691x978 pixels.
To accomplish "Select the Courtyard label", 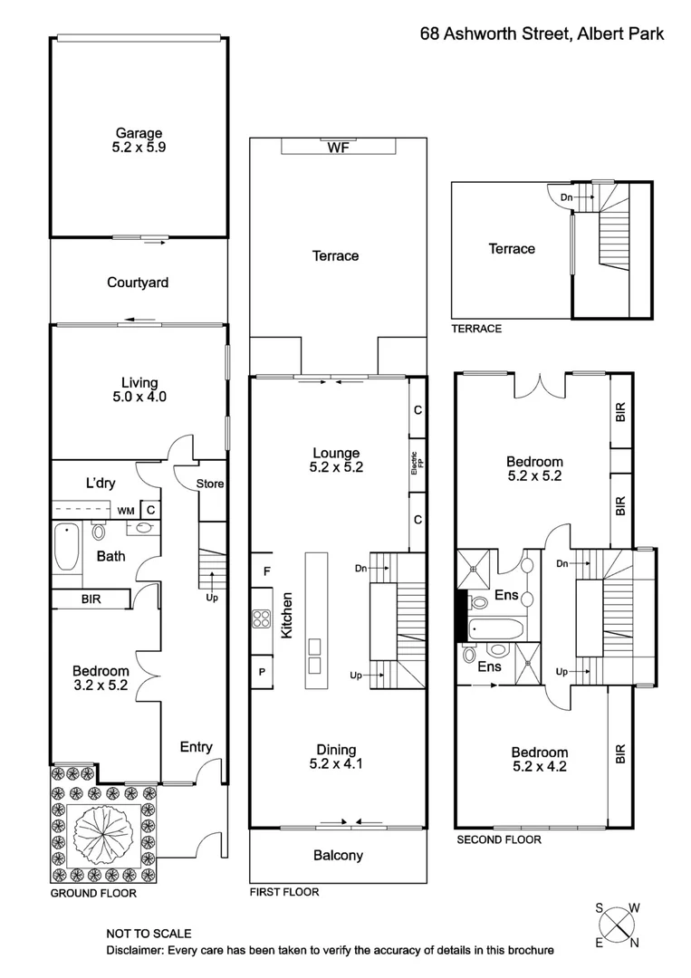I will click(x=138, y=283).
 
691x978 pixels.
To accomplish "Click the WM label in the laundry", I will click(x=124, y=511).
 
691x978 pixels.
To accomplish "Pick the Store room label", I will click(x=210, y=484).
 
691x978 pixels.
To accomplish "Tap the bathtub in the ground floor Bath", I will click(x=66, y=547).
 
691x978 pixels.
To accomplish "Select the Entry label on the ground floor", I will click(x=196, y=747).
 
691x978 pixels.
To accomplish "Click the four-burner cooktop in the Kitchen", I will click(x=262, y=619).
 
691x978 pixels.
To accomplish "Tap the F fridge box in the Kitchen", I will click(x=266, y=571).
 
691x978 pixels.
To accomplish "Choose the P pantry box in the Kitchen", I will click(x=262, y=672).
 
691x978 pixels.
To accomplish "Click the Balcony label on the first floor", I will click(x=338, y=855).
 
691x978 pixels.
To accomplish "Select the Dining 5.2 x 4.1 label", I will click(x=337, y=756).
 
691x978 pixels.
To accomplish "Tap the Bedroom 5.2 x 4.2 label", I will click(x=540, y=759).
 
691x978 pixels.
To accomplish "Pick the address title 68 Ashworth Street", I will click(x=542, y=34).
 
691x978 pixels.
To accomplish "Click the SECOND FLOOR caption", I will click(x=498, y=839).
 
